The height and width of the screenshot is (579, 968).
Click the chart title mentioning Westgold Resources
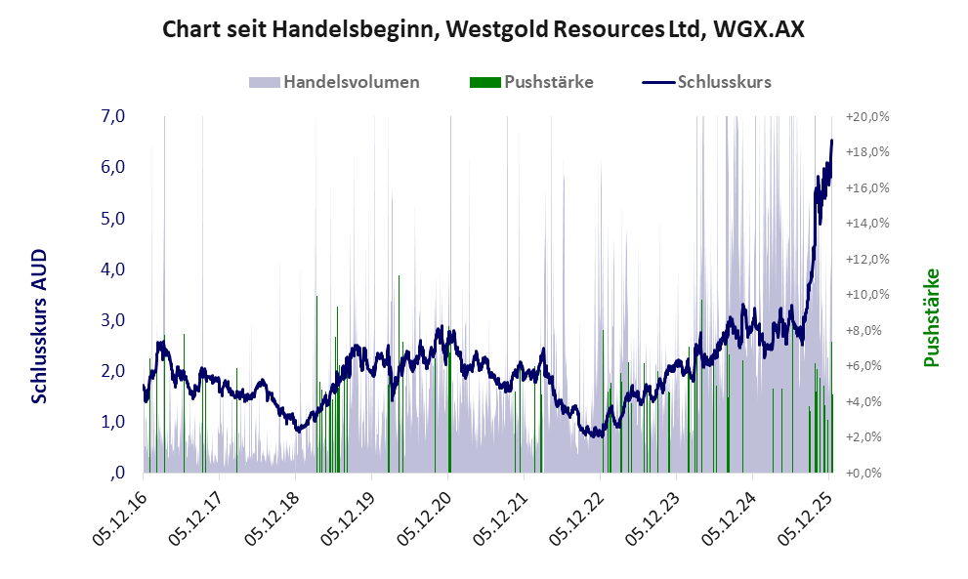pos(484,29)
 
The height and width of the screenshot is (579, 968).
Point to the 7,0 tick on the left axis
pos(112,116)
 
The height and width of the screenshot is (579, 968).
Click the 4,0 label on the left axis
pos(112,269)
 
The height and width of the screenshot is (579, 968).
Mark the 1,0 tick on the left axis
pos(112,422)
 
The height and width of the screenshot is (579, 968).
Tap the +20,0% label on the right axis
pos(867,116)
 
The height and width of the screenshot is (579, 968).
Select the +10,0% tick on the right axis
pos(867,294)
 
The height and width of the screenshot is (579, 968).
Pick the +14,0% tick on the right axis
pos(867,223)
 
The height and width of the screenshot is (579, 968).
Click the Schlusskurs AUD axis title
pos(40,325)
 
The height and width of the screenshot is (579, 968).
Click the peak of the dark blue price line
pos(831,141)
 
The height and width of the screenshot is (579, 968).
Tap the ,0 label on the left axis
pos(116,473)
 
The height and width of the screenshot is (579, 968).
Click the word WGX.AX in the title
pos(759,29)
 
